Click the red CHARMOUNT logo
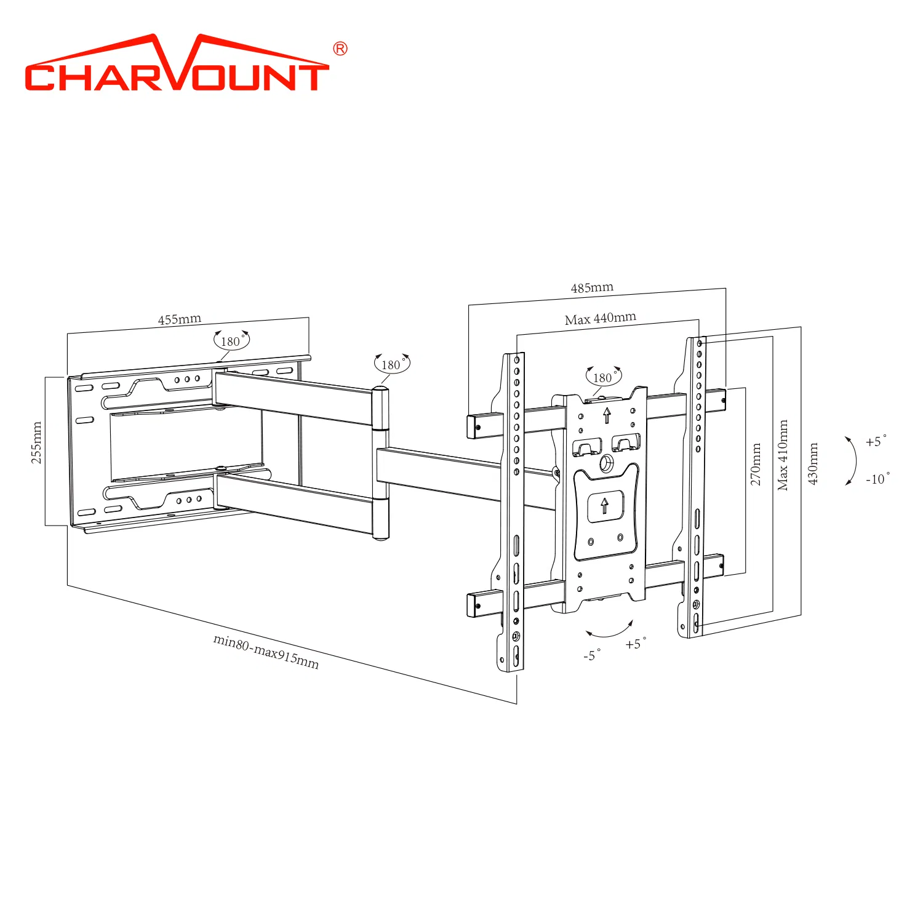tap(177, 64)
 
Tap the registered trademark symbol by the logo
tap(340, 49)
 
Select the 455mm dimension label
tap(180, 319)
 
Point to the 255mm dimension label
tap(37, 442)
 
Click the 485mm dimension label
tap(592, 287)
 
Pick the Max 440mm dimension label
tap(601, 319)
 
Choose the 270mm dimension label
tap(756, 464)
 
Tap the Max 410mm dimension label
tap(783, 455)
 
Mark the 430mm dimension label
tap(813, 463)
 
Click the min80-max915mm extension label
tap(266, 651)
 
